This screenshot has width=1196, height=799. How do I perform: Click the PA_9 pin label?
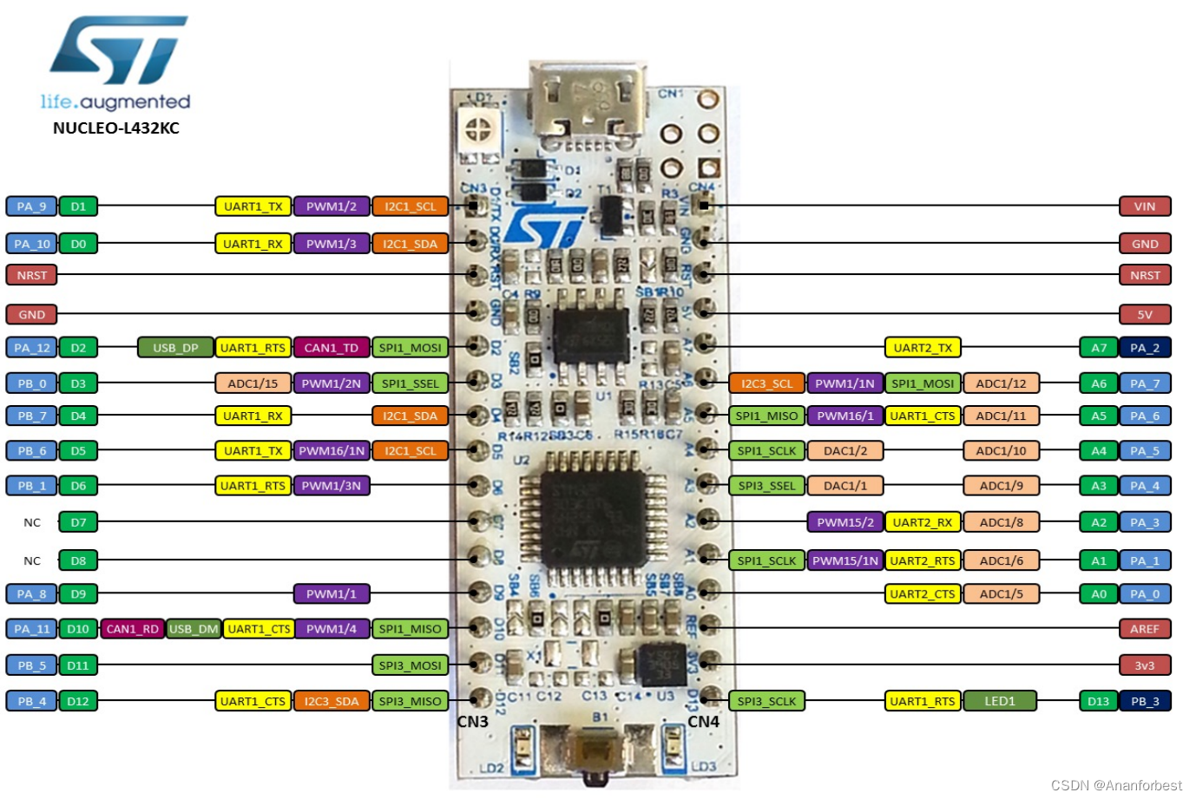point(31,206)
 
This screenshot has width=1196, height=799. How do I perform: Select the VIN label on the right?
point(1145,206)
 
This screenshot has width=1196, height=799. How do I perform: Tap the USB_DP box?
point(175,348)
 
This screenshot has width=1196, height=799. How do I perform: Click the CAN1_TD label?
point(332,348)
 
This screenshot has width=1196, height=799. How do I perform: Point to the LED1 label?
point(1000,701)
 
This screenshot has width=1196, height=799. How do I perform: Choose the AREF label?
point(1145,629)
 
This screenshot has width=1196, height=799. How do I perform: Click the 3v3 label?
point(1145,665)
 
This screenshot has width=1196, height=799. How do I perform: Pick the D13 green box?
point(1099,701)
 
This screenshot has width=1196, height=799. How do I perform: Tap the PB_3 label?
point(1145,701)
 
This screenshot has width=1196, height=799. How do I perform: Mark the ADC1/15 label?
point(253,383)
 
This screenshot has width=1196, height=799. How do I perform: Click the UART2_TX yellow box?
point(923,348)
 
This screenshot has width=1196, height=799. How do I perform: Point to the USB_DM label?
point(194,629)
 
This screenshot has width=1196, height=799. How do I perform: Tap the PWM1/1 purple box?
point(332,594)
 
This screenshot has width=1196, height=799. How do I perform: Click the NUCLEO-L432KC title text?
point(116,128)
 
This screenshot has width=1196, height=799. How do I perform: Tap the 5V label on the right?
point(1145,315)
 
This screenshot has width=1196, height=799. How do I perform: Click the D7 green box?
point(78,522)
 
